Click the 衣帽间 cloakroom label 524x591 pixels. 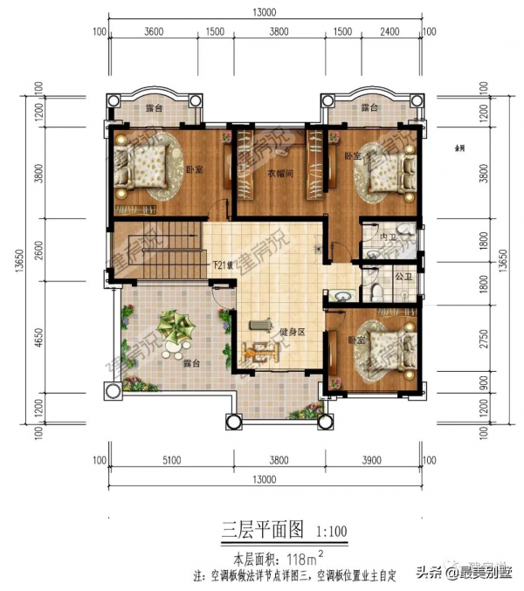(279, 173)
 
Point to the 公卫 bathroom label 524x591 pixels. (403, 277)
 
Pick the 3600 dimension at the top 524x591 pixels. (154, 32)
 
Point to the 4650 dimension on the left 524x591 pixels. (38, 337)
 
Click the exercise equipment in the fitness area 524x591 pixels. (261, 345)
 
